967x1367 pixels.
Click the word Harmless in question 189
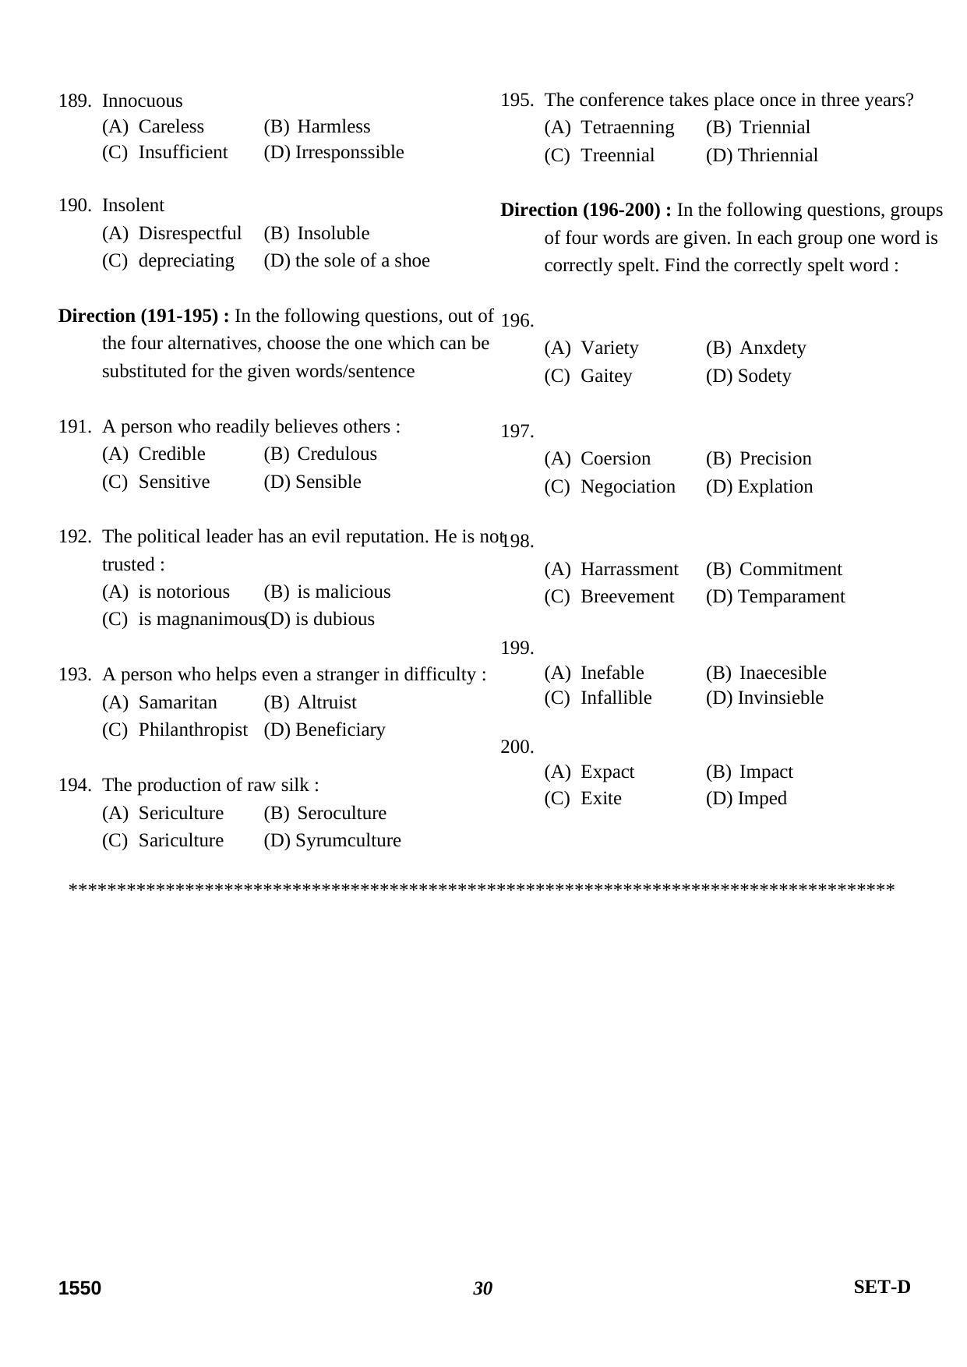[x=334, y=126]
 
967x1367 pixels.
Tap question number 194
[x=74, y=785]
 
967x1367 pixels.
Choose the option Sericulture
[x=181, y=813]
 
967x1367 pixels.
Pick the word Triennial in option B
[x=775, y=127]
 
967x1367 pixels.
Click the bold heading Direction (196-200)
[x=585, y=210]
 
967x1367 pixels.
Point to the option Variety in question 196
[x=609, y=348]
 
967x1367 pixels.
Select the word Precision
[x=775, y=458]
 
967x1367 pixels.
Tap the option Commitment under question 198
[x=790, y=569]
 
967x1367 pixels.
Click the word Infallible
[x=616, y=698]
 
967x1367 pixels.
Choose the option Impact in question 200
[x=766, y=772]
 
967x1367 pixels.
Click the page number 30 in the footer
[x=482, y=1288]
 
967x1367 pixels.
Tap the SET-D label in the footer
[x=881, y=1287]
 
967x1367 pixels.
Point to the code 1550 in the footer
[x=79, y=1288]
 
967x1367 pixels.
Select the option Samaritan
[x=178, y=702]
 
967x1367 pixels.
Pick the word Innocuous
[x=142, y=101]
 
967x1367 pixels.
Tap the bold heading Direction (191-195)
[x=143, y=316]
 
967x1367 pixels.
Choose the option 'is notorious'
[x=184, y=592]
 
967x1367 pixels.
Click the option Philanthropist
[x=192, y=729]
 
